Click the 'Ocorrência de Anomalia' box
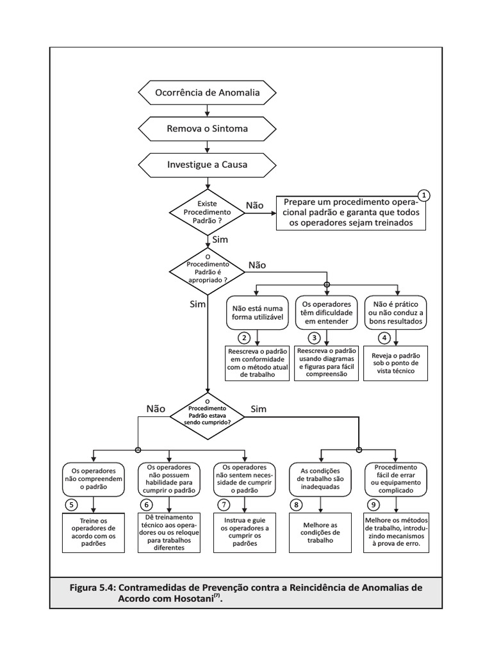click(x=207, y=92)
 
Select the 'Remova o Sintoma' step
click(x=207, y=128)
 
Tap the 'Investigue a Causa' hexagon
click(x=207, y=165)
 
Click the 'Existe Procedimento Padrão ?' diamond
click(x=207, y=212)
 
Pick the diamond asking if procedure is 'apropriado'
click(x=207, y=272)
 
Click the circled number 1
click(x=424, y=195)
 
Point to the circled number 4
click(x=384, y=338)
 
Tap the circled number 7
click(x=224, y=505)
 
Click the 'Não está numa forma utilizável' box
click(x=258, y=313)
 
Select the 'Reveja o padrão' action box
click(x=395, y=363)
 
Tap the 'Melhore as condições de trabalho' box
click(x=320, y=532)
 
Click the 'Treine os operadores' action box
click(x=94, y=532)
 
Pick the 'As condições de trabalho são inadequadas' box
click(x=320, y=479)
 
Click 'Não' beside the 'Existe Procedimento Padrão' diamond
click(x=254, y=206)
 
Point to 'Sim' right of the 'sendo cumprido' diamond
click(x=259, y=409)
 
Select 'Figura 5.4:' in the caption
click(x=92, y=587)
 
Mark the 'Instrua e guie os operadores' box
click(x=245, y=532)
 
